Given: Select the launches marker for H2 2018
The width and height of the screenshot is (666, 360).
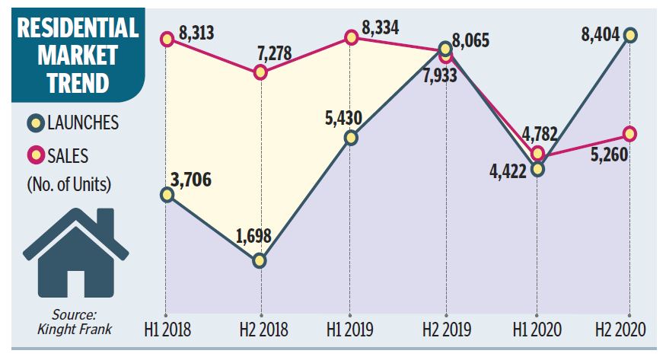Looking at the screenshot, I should pyautogui.click(x=260, y=260).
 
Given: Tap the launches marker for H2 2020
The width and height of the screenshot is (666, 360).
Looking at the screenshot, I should pyautogui.click(x=629, y=35).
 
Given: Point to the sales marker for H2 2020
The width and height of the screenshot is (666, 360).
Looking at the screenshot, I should pyautogui.click(x=629, y=134).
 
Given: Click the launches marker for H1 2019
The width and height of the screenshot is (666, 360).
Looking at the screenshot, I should pyautogui.click(x=351, y=138).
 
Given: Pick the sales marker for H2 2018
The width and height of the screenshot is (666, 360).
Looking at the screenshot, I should pyautogui.click(x=260, y=72).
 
